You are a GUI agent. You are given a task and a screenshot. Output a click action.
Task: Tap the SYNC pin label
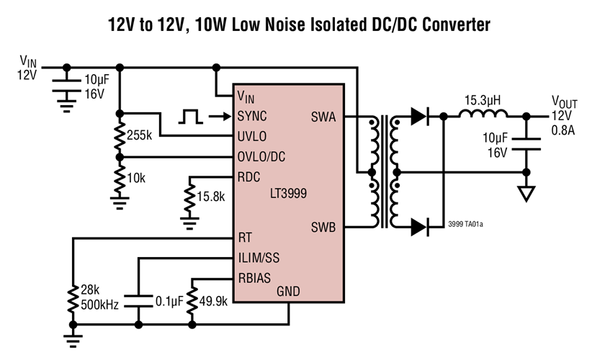[251, 116]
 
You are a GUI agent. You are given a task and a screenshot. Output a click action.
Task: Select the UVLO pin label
[252, 136]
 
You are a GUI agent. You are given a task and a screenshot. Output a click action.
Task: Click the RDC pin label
[249, 176]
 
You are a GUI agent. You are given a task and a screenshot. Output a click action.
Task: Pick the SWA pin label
[323, 116]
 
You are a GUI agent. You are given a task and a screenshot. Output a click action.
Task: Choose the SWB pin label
[323, 227]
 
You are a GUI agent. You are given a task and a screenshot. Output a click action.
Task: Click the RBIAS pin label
[254, 277]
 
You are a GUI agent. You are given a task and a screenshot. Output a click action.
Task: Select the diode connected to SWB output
[420, 228]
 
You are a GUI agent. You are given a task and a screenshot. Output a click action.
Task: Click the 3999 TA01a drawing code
[465, 225]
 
